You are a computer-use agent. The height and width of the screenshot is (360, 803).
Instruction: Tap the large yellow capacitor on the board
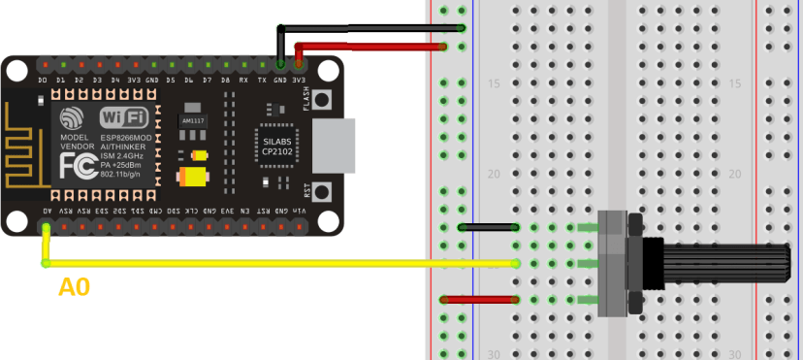point(194,178)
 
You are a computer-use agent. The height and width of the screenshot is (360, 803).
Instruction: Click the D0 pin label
point(44,80)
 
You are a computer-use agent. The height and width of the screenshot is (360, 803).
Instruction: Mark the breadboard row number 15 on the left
point(493,85)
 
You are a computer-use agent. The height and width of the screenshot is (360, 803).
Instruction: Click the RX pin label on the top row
point(243,80)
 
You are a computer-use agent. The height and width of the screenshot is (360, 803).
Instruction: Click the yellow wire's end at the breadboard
point(516,263)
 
